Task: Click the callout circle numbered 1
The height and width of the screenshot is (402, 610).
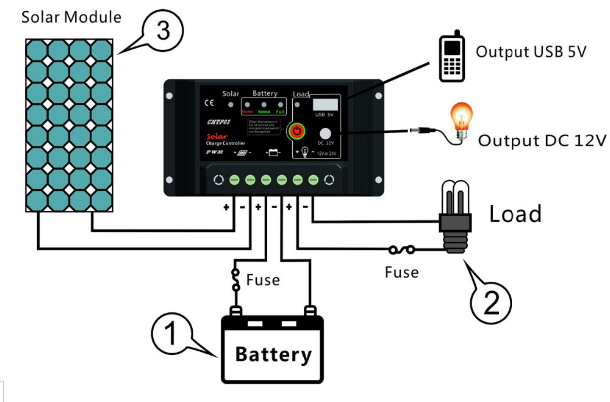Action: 171,333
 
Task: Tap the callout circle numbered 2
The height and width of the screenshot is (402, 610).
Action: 490,300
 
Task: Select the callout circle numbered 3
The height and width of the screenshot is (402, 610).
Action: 163,31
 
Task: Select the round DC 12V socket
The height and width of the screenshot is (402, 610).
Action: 326,134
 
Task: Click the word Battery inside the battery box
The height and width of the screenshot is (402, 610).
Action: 273,354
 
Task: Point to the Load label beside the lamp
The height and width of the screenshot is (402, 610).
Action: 515,214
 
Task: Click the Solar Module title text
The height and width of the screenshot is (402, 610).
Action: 71,16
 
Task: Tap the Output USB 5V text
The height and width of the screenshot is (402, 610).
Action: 531,52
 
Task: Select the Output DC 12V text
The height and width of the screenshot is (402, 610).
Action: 542,141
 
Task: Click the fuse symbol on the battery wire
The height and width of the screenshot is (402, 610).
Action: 235,279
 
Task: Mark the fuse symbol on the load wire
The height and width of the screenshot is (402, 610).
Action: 403,249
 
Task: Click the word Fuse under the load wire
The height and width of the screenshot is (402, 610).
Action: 401,272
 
